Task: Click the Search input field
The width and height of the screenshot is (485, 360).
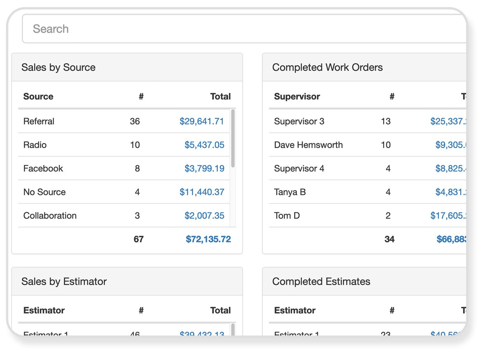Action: (x=243, y=29)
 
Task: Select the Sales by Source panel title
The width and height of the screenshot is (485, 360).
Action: (x=58, y=67)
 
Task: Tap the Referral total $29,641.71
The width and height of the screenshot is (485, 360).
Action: (x=202, y=121)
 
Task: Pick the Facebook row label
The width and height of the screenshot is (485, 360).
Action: (x=43, y=168)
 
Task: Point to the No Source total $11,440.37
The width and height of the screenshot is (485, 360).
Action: (x=202, y=192)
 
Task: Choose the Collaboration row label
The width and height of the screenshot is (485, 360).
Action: (x=50, y=216)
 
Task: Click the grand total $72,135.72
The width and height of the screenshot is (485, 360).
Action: (x=208, y=239)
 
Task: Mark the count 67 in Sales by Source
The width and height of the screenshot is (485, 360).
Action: (x=139, y=239)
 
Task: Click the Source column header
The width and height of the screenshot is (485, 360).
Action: (x=38, y=97)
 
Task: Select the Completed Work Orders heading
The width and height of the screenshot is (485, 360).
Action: (x=327, y=67)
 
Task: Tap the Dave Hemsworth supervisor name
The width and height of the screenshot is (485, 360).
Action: (x=308, y=145)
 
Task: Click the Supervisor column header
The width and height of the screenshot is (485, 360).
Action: (x=297, y=97)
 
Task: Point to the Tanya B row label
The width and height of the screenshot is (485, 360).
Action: (x=290, y=192)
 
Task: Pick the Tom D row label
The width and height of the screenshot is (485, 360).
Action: (x=287, y=216)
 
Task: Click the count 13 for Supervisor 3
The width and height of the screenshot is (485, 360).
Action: (x=386, y=121)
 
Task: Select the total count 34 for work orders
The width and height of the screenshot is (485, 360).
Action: (x=389, y=239)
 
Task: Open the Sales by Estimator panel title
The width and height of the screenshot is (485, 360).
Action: (x=64, y=281)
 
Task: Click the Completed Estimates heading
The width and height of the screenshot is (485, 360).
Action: (x=321, y=281)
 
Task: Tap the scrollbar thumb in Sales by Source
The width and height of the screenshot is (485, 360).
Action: (x=233, y=138)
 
